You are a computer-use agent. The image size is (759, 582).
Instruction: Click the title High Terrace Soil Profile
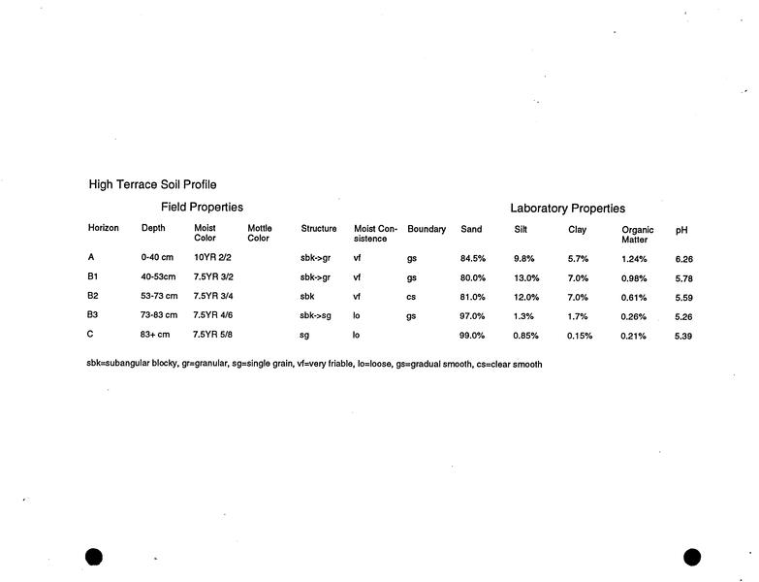[152, 184]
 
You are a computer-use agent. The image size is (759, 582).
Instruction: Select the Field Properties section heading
[202, 208]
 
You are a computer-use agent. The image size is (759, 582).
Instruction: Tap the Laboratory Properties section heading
[567, 209]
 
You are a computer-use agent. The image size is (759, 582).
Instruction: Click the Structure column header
[319, 230]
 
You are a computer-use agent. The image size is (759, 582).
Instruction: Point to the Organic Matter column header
[637, 235]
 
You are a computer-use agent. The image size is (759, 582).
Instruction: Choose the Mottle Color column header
[260, 234]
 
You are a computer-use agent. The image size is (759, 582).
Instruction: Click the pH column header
[681, 231]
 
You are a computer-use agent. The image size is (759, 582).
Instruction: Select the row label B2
[93, 296]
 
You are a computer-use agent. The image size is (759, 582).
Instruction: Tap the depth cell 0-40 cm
[157, 258]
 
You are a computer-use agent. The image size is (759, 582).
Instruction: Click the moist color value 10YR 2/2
[213, 258]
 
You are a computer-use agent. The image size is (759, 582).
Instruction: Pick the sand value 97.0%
[472, 316]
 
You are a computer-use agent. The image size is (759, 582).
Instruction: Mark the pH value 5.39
[683, 336]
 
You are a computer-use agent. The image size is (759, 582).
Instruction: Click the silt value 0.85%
[526, 336]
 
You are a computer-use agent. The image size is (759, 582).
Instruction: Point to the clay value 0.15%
[580, 336]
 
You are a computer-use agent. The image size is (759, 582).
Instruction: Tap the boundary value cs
[412, 297]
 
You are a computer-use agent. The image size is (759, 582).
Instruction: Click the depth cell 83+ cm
[155, 335]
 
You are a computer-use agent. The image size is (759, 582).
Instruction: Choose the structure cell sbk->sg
[316, 315]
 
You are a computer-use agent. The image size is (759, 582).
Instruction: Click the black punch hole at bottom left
[94, 556]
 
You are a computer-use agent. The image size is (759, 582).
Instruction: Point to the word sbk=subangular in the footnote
[119, 365]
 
